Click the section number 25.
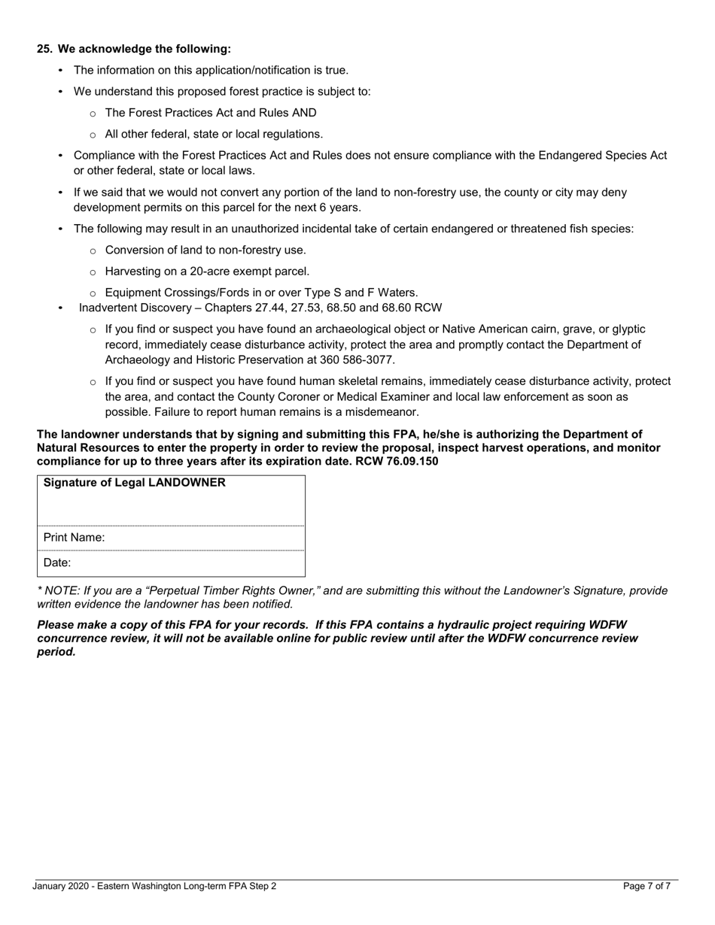44,49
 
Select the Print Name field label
74,538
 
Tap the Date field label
57,563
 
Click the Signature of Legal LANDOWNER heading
135,483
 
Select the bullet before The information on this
61,71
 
